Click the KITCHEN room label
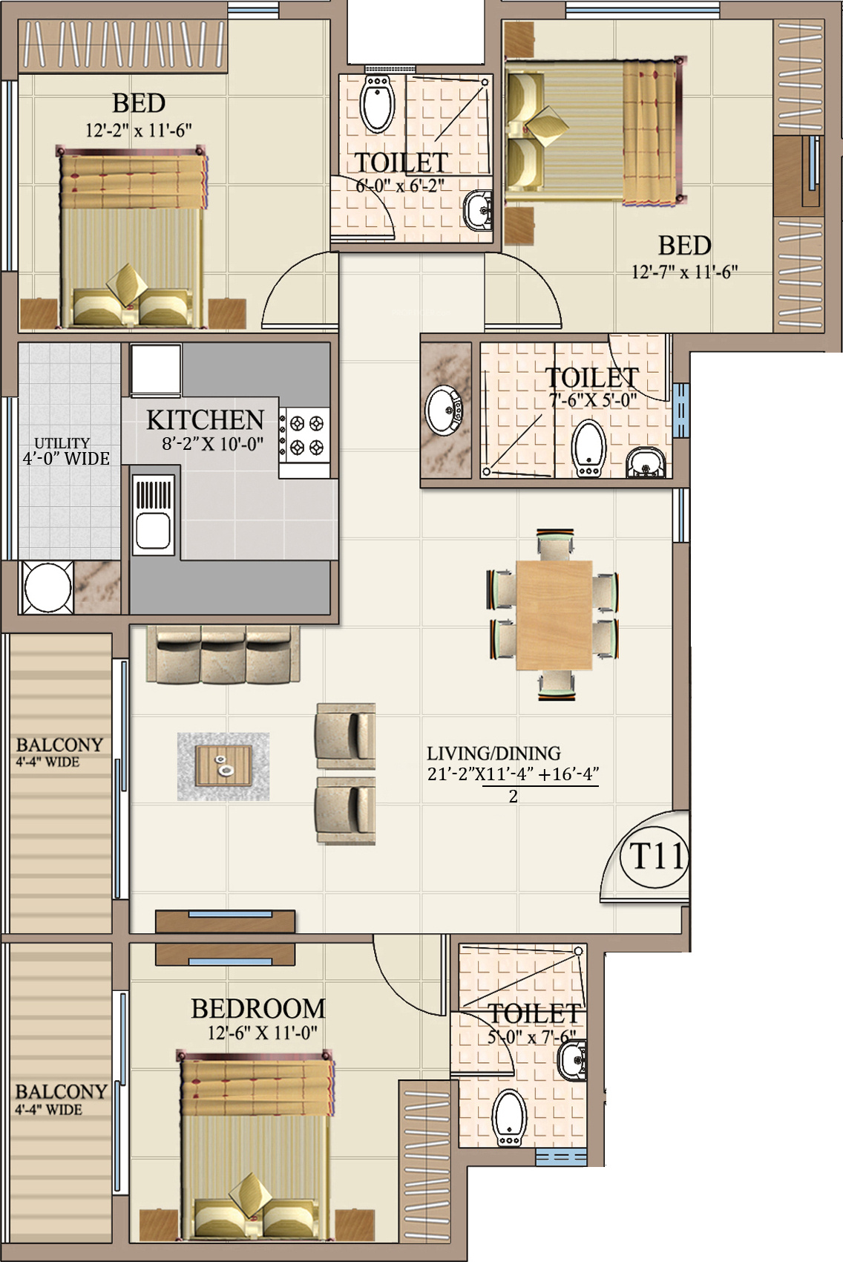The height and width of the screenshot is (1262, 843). tap(205, 420)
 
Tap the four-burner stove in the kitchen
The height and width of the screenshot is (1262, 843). tap(304, 436)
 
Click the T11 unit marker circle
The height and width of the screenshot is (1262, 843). tap(655, 857)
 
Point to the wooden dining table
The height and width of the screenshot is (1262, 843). tap(554, 615)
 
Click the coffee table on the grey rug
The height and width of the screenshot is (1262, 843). tap(223, 765)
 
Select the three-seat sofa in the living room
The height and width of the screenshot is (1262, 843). tap(223, 655)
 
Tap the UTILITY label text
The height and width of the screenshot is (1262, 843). tap(62, 443)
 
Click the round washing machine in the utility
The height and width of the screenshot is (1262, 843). tap(47, 587)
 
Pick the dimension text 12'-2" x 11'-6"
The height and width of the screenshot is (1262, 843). tap(139, 131)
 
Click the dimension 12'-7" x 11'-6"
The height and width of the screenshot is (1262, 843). tap(685, 272)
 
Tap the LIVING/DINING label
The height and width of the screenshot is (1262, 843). tap(494, 753)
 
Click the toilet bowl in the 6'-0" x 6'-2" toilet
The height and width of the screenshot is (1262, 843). tap(377, 104)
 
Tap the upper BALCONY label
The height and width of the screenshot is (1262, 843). tap(59, 745)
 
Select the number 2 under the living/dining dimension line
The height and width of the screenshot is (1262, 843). tap(513, 797)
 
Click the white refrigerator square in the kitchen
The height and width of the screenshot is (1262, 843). tap(156, 370)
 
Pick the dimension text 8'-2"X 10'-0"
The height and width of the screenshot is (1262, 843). tap(213, 445)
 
